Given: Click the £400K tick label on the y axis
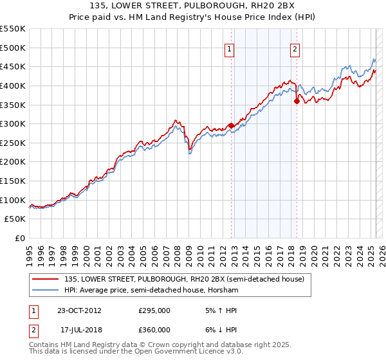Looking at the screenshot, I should pos(12,85).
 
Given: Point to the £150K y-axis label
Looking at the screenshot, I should pos(12,181).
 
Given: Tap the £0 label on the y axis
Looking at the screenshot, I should pos(19,238).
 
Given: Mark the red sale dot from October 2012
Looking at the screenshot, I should pos(231,126).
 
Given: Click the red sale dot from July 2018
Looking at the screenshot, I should pos(297,101).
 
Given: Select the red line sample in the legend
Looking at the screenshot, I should pos(46,278).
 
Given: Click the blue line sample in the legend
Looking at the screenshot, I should pos(46,290).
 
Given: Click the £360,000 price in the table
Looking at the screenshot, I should pos(154,330).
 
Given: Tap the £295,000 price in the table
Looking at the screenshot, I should pos(154,310).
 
